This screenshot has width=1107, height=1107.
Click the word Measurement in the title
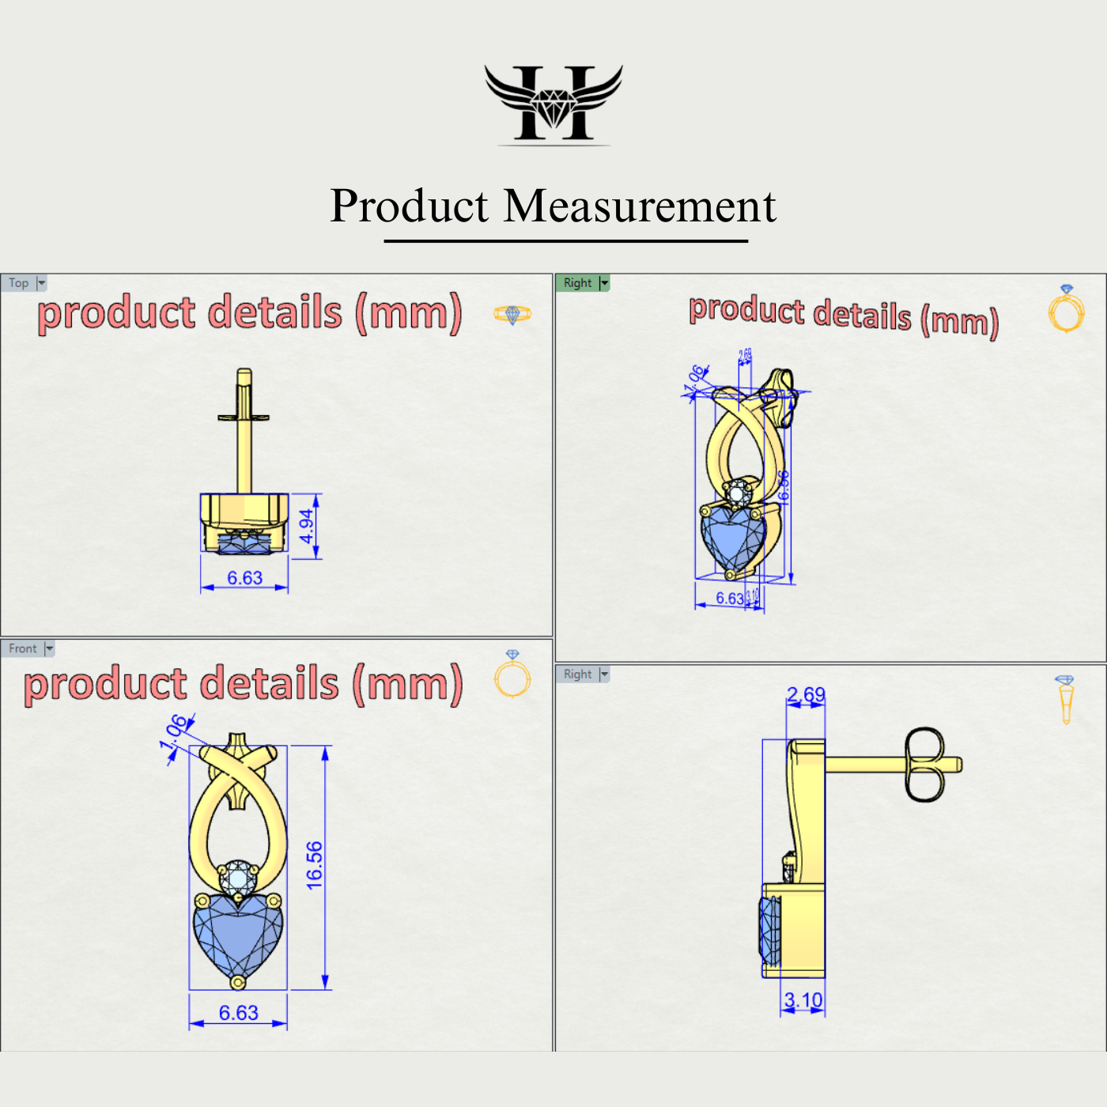coord(640,206)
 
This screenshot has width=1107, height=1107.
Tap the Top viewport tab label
coord(19,283)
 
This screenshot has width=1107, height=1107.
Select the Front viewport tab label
coord(23,648)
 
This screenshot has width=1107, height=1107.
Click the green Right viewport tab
coord(578,283)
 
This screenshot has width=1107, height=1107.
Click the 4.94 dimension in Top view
coord(307,526)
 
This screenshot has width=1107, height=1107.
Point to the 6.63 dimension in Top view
coord(244,578)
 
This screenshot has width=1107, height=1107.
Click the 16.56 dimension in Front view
coord(315,865)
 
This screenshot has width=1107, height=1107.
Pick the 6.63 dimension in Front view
coord(238,1013)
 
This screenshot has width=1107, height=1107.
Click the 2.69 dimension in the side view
coord(806,694)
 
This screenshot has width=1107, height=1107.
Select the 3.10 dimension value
coord(803,1000)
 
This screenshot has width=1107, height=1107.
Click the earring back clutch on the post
coord(924,765)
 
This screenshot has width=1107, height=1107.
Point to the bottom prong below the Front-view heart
coord(237,983)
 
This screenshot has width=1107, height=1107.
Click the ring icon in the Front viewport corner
coord(512,676)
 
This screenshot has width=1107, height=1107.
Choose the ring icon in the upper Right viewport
coord(1066,309)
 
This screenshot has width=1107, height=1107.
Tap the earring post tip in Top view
coord(244,374)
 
